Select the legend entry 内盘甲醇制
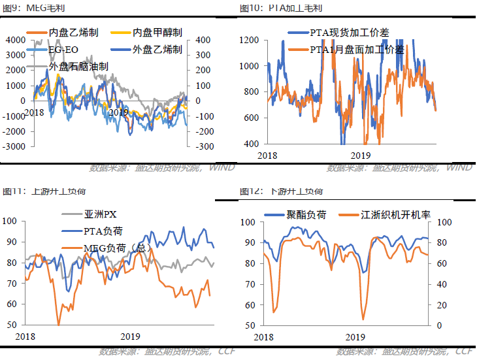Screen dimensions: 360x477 click(157, 32)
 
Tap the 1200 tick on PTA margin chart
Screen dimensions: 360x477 click(250, 40)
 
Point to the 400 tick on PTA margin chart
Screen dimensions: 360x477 click(252, 144)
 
